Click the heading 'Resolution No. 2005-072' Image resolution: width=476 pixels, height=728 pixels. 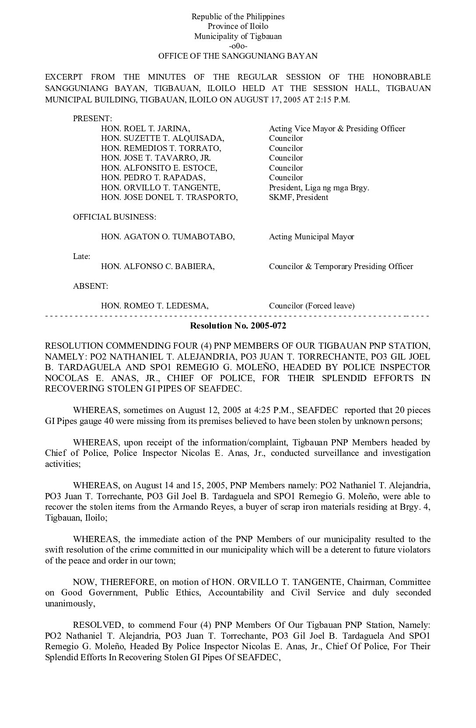(x=238, y=325)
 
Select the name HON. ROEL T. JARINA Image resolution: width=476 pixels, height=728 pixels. (x=145, y=129)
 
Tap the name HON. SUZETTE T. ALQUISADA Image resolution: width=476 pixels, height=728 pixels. (x=162, y=138)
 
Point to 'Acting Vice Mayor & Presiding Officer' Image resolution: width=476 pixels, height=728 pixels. (x=337, y=129)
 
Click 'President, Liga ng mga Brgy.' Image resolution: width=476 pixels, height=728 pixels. (x=319, y=188)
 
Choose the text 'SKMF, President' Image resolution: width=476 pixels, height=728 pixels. (x=298, y=197)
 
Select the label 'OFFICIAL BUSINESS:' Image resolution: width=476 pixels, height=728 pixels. (x=114, y=217)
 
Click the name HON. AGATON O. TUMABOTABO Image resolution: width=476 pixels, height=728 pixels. (x=168, y=237)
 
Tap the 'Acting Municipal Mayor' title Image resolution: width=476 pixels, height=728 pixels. (x=311, y=237)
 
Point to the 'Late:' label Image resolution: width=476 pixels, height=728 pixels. (x=81, y=256)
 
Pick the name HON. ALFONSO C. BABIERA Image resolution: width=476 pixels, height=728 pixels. (x=157, y=266)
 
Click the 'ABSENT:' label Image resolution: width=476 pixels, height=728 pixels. (x=90, y=286)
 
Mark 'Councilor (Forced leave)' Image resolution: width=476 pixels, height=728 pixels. (x=311, y=306)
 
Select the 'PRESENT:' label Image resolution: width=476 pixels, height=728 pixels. (x=92, y=119)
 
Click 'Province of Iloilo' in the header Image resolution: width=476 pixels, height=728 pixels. (x=238, y=26)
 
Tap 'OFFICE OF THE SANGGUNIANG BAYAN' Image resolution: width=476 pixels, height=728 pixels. (x=238, y=56)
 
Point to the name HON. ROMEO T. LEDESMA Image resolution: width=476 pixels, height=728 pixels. (x=154, y=306)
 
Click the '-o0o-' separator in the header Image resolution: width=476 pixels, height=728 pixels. (x=238, y=46)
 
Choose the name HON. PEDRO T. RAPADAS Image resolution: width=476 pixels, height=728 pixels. (x=153, y=178)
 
